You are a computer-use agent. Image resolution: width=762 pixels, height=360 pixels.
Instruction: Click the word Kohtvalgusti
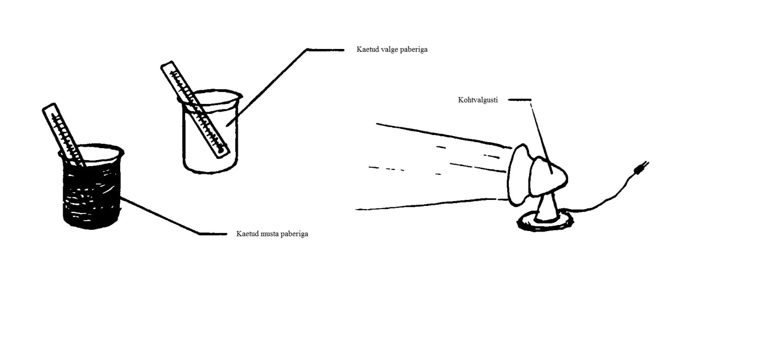(478, 100)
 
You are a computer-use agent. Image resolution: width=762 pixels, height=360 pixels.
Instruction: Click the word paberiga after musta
(295, 234)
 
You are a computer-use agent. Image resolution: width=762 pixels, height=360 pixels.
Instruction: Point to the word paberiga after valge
(414, 50)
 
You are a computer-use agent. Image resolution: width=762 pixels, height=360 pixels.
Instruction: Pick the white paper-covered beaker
(210, 132)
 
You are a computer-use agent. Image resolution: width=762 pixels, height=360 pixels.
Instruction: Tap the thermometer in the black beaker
(64, 135)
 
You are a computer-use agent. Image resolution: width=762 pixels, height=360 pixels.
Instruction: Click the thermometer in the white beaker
(195, 109)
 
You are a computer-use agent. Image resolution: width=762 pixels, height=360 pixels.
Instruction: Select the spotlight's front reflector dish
(518, 175)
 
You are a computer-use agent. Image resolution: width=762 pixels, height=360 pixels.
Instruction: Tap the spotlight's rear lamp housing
(548, 177)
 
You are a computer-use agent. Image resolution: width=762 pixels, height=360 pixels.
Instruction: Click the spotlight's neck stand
(547, 208)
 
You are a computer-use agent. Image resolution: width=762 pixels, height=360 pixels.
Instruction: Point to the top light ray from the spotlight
(444, 136)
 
